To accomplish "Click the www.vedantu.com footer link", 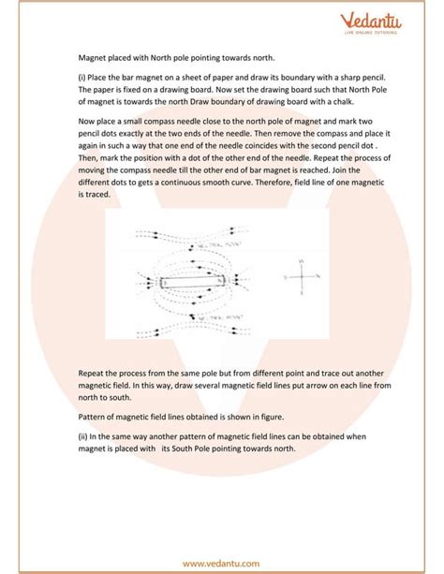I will [222, 564].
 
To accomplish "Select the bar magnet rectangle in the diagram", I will [193, 279].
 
